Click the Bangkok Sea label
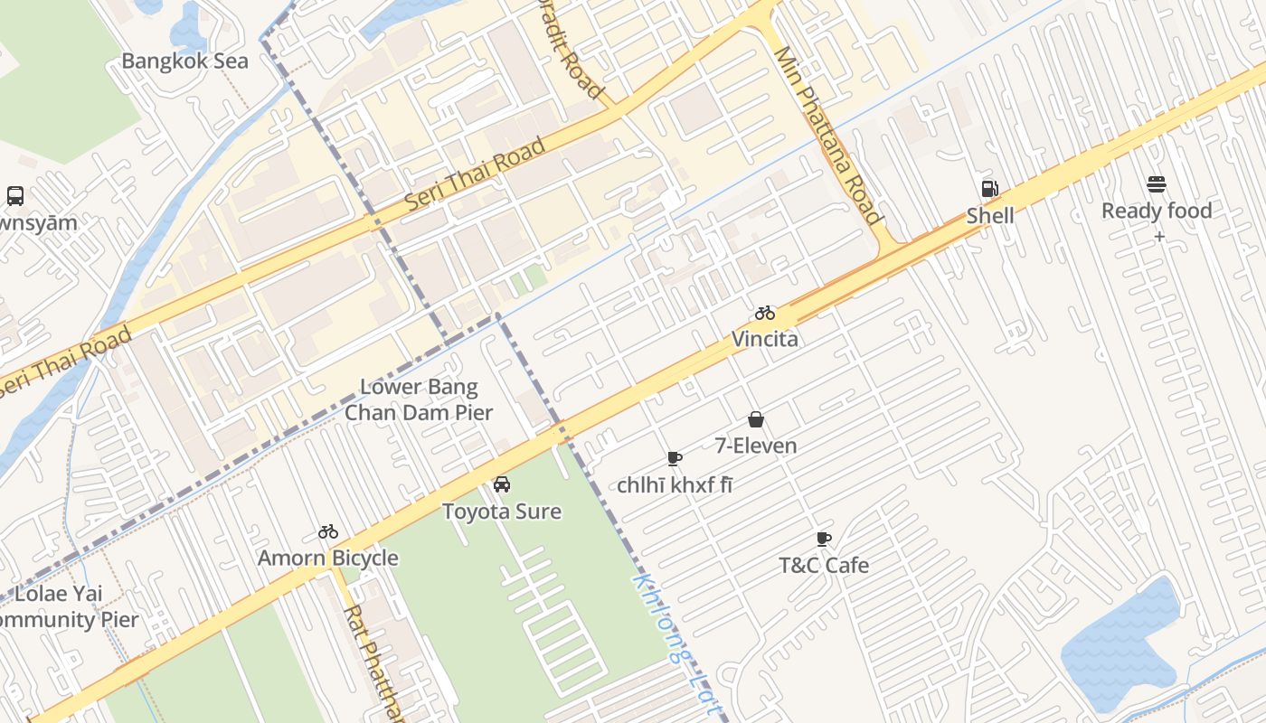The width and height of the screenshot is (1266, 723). click(x=184, y=61)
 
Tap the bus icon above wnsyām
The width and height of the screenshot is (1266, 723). click(x=15, y=195)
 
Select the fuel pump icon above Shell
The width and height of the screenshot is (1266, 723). click(x=990, y=189)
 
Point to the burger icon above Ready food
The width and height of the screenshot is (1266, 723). click(x=1156, y=184)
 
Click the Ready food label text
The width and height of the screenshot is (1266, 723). click(x=1156, y=211)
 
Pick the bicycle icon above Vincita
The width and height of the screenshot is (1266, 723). click(x=765, y=314)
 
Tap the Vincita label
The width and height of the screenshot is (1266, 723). click(x=765, y=340)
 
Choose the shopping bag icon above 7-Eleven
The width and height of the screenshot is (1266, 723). click(x=756, y=419)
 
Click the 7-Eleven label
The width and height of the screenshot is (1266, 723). click(x=756, y=446)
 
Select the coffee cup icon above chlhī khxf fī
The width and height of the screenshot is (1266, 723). click(x=675, y=458)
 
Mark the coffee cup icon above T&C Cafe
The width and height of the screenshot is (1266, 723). click(x=824, y=540)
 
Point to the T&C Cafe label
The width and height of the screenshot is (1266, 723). click(x=824, y=566)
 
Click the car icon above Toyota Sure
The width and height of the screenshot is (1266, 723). click(x=502, y=485)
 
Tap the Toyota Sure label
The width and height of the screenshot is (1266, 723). click(x=502, y=512)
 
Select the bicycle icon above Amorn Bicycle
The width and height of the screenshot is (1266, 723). click(x=328, y=532)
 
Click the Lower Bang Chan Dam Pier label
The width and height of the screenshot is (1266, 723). click(x=419, y=400)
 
